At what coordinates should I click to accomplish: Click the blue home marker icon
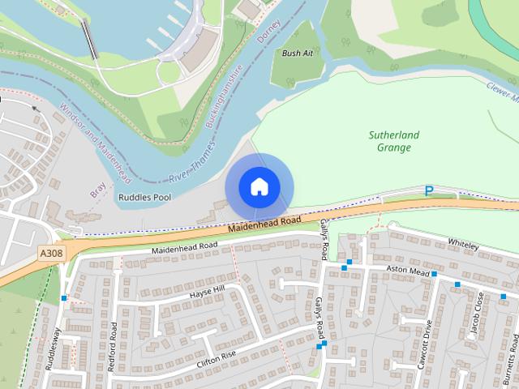coord(259,186)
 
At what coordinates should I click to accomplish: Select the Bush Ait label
coord(297,53)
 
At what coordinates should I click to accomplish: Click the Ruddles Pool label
coord(144,197)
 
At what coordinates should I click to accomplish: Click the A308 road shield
coord(51,254)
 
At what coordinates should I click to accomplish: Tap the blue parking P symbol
coord(429,191)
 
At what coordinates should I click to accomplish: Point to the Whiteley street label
coord(463,242)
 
